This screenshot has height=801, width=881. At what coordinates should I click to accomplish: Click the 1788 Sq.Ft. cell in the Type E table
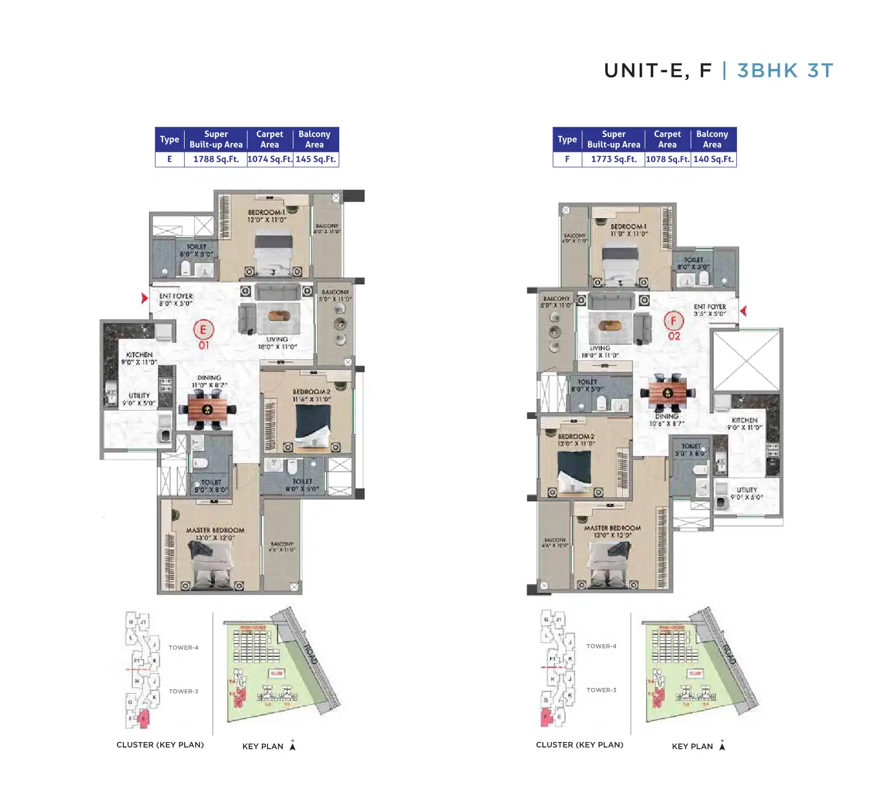coord(216,159)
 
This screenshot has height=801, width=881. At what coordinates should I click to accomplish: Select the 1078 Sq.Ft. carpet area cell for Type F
coord(667,159)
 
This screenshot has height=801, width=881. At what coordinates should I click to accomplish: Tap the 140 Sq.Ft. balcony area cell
coord(713,159)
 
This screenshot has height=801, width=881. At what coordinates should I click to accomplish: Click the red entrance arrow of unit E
coord(145,298)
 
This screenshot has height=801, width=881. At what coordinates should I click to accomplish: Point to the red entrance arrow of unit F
coord(743,311)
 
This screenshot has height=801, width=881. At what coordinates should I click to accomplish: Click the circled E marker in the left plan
coord(203,329)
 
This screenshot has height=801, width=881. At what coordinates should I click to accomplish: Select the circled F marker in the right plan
coord(674,320)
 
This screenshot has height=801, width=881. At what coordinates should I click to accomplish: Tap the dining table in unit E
coord(207,409)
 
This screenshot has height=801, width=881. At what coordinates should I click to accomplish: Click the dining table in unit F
coord(667,393)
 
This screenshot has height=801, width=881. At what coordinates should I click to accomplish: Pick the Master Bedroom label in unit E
coord(215,531)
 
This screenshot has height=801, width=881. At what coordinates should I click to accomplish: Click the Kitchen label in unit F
coord(744,421)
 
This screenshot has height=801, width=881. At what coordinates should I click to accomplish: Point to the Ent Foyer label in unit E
coord(176,296)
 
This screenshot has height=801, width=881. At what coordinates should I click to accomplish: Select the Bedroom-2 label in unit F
coord(576,437)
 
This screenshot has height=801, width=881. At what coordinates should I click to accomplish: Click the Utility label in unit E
coord(139,395)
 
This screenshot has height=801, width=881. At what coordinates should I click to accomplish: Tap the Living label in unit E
coord(277,339)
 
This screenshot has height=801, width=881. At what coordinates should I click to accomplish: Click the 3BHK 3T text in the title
coord(785,71)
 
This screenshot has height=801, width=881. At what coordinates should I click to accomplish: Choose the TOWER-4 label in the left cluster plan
coord(184,647)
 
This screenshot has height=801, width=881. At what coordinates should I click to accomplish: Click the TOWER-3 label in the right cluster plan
coord(601,690)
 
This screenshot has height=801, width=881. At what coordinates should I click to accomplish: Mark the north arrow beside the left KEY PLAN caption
coord(293,746)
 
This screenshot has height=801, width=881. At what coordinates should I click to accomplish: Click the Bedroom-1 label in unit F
coord(628,226)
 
